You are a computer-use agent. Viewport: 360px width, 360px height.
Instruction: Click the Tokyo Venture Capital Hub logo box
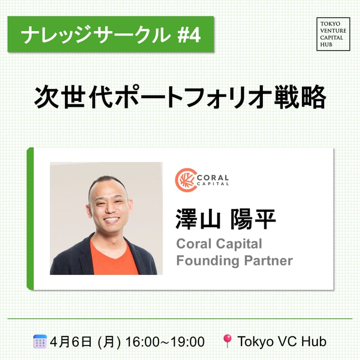pos(333,34)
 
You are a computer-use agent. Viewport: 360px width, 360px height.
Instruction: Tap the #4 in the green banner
pos(189,36)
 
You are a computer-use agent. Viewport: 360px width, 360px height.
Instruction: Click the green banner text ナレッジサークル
pos(96,35)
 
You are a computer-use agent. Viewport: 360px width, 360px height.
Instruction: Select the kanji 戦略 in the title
pos(300,97)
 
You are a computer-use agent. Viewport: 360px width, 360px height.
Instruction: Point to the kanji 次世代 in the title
pos(73,97)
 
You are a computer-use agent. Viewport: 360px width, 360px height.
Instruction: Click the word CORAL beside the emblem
pos(213,177)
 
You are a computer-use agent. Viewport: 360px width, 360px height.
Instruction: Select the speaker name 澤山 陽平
pos(226,219)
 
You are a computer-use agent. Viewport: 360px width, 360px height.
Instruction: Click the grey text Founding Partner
pos(234,261)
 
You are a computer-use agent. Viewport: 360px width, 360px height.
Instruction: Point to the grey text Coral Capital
pos(219,243)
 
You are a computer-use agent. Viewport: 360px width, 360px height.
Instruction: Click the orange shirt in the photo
pos(114,257)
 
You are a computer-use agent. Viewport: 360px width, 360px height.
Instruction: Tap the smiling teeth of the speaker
pos(112,220)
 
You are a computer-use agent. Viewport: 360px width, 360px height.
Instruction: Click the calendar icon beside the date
pos(40,342)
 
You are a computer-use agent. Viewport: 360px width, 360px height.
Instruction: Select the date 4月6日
pos(71,342)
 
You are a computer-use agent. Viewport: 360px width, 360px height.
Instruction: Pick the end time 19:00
pos(188,342)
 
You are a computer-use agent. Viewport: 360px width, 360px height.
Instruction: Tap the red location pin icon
pos(227,341)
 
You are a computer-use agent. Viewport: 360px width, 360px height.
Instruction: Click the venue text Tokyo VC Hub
pos(282,342)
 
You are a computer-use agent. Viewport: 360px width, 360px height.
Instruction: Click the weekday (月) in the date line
pos(109,342)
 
